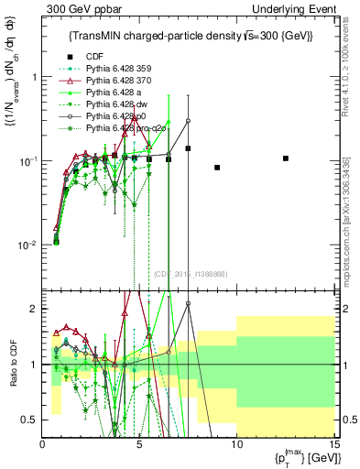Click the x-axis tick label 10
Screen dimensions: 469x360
click(236, 444)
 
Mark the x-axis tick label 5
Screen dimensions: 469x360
click(139, 444)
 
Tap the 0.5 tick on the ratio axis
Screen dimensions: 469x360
click(31, 420)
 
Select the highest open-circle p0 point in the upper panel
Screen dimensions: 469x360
click(188, 121)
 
